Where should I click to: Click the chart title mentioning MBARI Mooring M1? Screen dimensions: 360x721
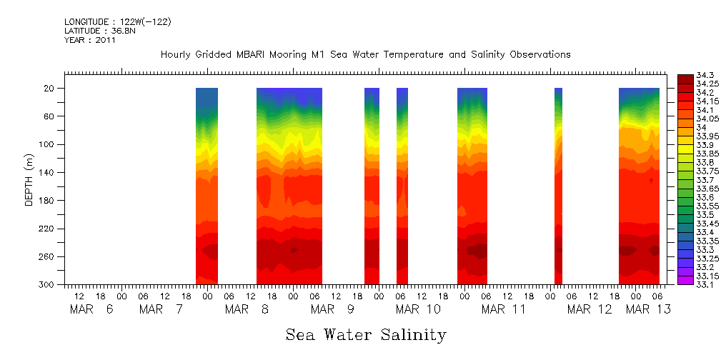(x=365, y=54)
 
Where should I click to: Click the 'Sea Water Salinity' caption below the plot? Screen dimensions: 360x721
(x=366, y=334)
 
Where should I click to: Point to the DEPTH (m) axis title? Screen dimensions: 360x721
(x=29, y=179)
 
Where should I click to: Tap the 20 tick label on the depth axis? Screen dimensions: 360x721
(x=50, y=89)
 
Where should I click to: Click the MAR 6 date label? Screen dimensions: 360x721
(x=91, y=309)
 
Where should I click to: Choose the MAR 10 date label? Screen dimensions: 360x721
(x=419, y=309)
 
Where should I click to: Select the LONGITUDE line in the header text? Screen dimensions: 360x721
(x=117, y=22)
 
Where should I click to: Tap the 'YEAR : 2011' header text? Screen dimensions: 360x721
(x=90, y=40)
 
